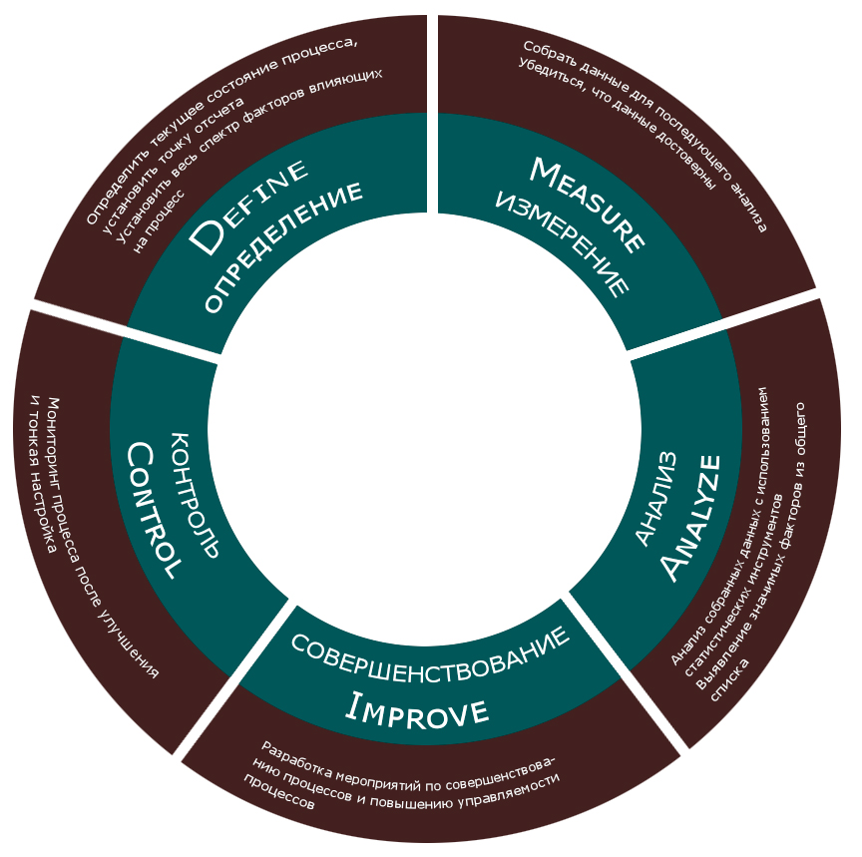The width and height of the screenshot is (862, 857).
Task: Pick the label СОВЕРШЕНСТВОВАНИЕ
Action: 430,647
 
